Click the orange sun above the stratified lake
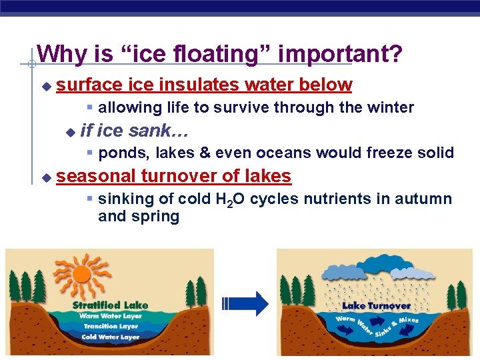(81, 275)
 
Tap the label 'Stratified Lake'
(110, 305)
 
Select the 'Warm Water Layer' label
(110, 316)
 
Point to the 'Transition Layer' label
(111, 327)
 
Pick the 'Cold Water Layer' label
(111, 337)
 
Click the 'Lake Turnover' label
(376, 306)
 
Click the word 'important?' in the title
(340, 54)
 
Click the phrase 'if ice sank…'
(134, 130)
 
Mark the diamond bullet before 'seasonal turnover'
(45, 178)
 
